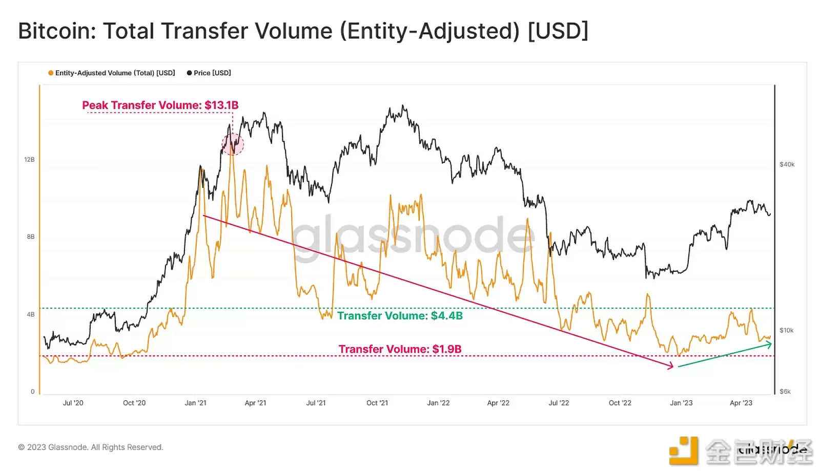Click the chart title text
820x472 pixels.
tap(303, 31)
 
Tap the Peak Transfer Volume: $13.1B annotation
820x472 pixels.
tap(160, 105)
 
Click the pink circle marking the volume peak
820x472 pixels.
tap(233, 144)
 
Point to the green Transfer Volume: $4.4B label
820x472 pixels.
tap(400, 316)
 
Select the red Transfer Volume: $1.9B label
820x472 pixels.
tap(400, 349)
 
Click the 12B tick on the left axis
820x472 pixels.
tap(29, 160)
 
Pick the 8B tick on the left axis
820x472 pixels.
tap(31, 237)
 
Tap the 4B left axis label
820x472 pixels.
tap(31, 314)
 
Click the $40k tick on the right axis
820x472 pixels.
tap(787, 164)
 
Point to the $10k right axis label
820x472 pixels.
tap(786, 330)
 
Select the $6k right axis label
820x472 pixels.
tap(785, 392)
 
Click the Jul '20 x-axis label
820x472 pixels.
tap(73, 403)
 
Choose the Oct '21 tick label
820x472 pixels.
tap(377, 403)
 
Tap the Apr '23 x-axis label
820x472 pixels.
tap(741, 403)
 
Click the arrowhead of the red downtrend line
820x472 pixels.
tap(671, 366)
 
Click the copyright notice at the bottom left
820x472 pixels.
tap(91, 447)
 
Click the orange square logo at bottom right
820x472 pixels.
tap(683, 451)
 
